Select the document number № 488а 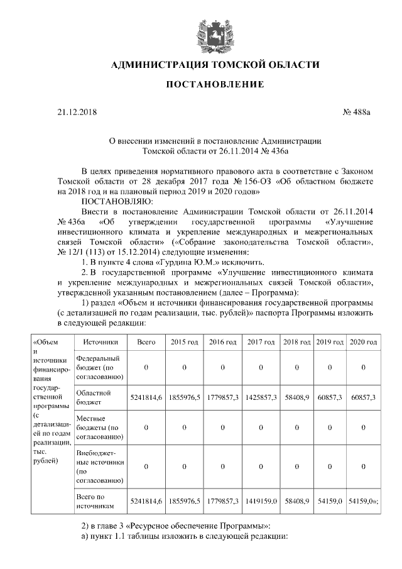point(357,113)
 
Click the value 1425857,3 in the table point(261,398)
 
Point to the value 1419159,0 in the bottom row point(261,500)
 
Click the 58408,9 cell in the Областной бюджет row point(296,398)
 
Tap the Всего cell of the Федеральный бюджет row point(146,367)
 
